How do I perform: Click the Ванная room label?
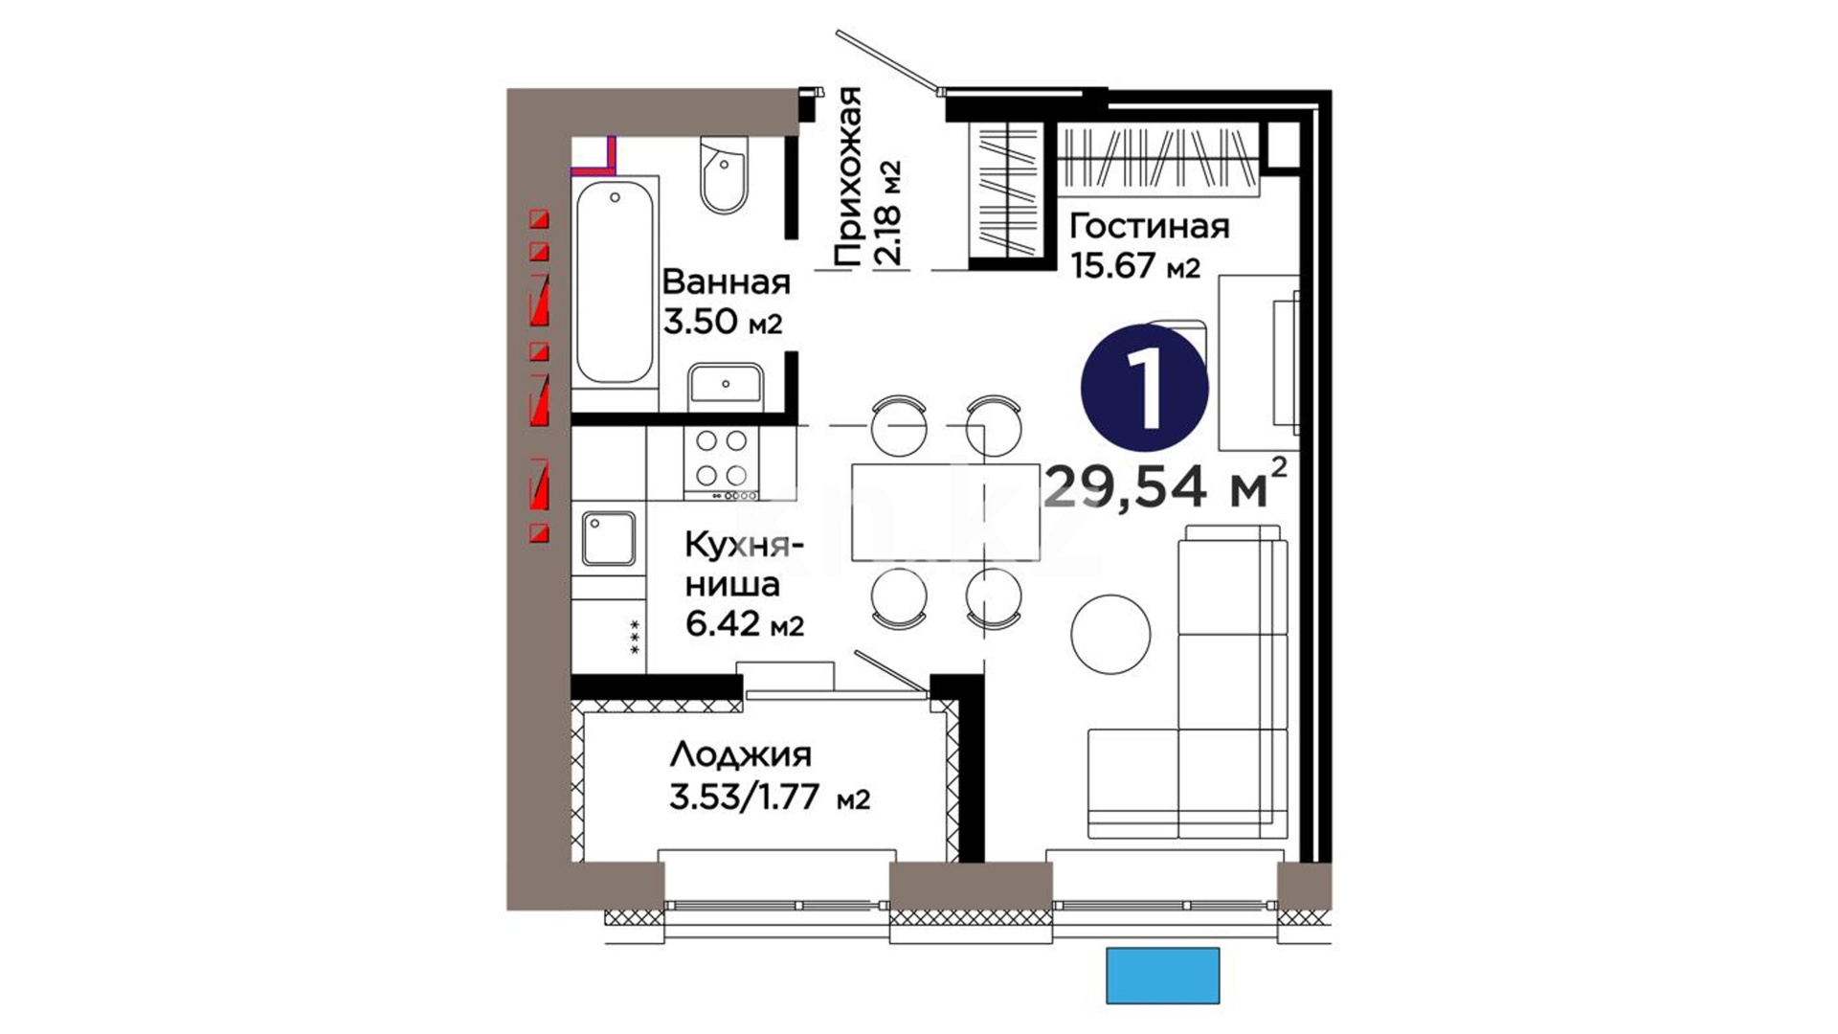pos(727,282)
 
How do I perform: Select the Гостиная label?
pos(1149,227)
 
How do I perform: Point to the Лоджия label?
pos(741,755)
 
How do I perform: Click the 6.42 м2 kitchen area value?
pos(745,624)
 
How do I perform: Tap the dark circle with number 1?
pos(1145,387)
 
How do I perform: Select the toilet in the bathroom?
pos(724,172)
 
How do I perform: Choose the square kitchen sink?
pos(608,539)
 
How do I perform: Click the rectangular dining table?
pos(946,512)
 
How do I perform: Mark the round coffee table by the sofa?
pos(1110,634)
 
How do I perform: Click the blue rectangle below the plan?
pos(1163,976)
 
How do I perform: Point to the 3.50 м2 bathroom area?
pos(723,323)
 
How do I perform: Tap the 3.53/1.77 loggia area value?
pos(770,798)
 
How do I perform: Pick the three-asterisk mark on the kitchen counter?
pos(634,638)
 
